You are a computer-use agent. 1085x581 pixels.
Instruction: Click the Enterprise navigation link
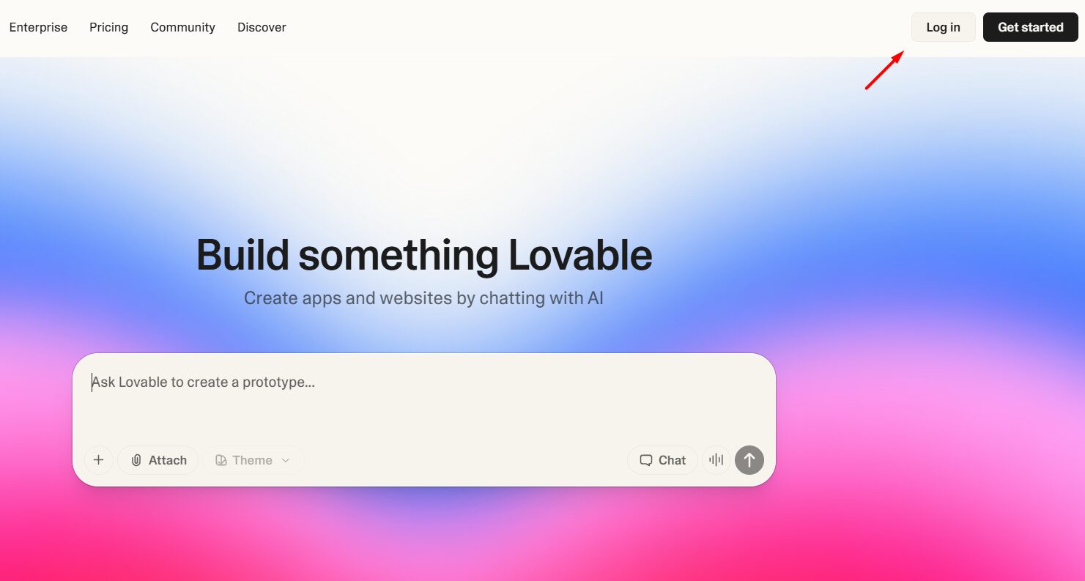pos(38,27)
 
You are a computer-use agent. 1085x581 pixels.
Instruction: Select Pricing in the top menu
pos(108,27)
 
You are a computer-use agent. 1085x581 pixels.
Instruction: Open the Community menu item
pos(182,27)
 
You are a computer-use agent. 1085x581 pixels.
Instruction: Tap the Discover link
pos(262,27)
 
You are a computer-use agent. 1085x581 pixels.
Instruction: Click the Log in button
pos(943,27)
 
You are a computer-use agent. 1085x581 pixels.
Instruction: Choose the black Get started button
pos(1030,27)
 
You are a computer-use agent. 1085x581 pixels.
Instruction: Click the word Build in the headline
pos(242,255)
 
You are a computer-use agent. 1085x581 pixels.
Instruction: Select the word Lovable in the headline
pos(579,255)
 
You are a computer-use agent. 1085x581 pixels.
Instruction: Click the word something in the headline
pos(399,255)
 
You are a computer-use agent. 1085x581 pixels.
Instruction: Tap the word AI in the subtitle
pos(595,298)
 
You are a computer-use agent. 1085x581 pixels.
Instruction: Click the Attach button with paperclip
pos(158,460)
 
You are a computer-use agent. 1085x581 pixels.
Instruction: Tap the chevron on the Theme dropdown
pos(286,460)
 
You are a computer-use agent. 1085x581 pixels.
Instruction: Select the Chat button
pos(662,460)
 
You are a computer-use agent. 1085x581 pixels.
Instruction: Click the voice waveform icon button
pos(716,460)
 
